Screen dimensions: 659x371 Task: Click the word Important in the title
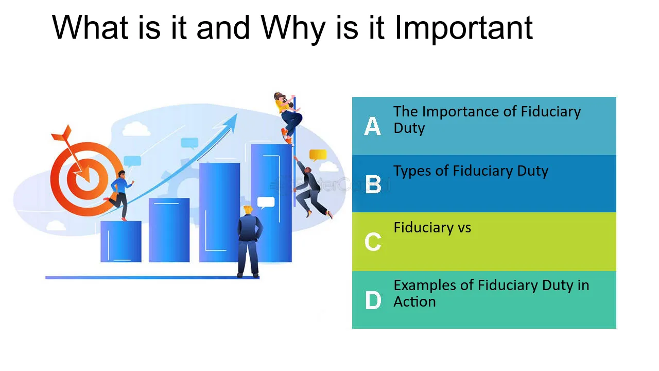tap(464, 28)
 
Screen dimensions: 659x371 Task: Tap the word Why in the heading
tap(293, 28)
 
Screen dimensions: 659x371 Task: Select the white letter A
tap(372, 126)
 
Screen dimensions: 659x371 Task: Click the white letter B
tap(373, 184)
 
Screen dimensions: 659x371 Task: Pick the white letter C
tap(373, 242)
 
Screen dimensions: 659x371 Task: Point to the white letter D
tap(373, 300)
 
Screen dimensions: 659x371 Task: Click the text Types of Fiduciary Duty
tap(471, 172)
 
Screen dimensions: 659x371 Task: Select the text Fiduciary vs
tap(432, 228)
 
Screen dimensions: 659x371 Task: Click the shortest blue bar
tap(121, 242)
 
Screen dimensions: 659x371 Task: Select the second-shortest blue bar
tap(169, 230)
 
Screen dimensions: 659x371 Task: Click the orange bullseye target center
tap(87, 179)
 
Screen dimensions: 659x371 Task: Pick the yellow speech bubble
tap(318, 155)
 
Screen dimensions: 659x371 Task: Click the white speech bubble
tap(266, 203)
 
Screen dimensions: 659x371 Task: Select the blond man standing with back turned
tap(249, 242)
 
